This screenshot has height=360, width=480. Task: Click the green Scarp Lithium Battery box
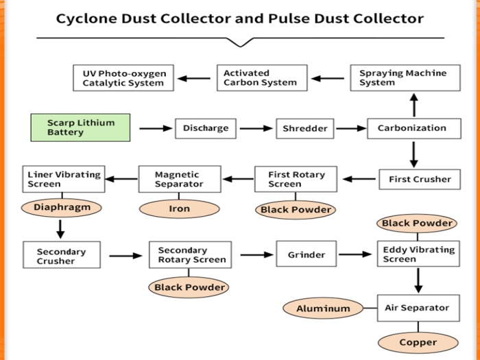coord(80,128)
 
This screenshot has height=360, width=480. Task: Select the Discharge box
coord(206,128)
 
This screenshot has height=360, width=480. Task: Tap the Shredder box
coord(305,128)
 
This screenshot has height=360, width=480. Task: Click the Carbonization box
coord(413,128)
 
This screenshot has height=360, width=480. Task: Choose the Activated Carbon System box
coord(262,77)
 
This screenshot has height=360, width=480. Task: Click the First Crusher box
coord(419,179)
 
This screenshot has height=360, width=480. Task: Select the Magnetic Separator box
coord(179,179)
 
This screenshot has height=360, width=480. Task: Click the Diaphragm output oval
coord(62,207)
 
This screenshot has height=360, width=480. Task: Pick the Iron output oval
coord(179,208)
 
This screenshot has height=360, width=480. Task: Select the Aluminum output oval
coord(322,309)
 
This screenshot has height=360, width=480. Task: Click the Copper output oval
coord(418,342)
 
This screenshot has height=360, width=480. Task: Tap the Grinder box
coord(306,254)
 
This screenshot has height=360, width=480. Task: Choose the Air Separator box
coord(418,308)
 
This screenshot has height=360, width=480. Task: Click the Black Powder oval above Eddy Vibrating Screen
coord(417,223)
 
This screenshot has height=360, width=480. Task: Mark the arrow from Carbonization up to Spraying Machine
coord(413,105)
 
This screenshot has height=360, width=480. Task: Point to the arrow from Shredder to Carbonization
coord(351,128)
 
